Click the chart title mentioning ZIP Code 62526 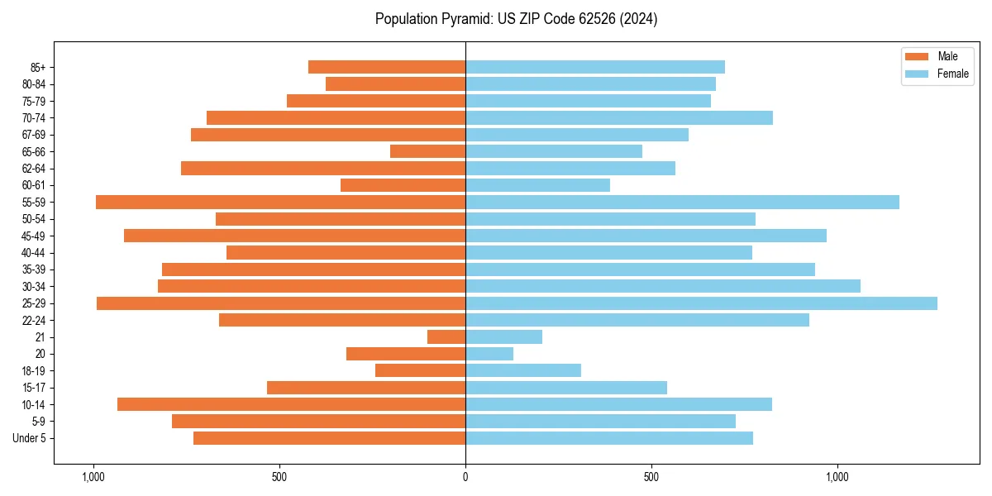point(516,19)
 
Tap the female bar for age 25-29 point(701,303)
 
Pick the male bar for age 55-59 point(281,203)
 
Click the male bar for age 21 point(446,337)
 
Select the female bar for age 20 point(489,354)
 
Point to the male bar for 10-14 point(292,404)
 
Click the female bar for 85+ point(595,67)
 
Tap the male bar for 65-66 point(428,151)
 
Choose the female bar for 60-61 point(538,185)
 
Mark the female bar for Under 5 point(609,438)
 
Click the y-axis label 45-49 point(34,236)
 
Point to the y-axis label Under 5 point(29,438)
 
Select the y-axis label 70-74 point(34,118)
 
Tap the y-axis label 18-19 point(34,371)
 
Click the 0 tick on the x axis point(465,477)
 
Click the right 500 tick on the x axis point(651,477)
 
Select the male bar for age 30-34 point(312,286)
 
